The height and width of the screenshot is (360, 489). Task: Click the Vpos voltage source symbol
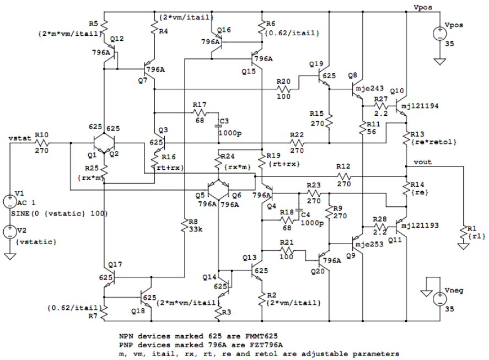coord(440,34)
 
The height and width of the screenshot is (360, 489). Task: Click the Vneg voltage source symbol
coord(440,299)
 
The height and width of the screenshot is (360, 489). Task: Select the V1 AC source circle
coord(10,202)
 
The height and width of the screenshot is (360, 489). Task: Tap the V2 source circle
coord(10,232)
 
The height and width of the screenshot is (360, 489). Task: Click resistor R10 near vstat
coord(41,143)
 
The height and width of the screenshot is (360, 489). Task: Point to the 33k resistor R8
coord(185,225)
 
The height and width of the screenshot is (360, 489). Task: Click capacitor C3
coord(218,126)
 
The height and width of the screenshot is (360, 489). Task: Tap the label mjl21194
coord(420,106)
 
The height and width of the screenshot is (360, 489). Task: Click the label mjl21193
coord(420,225)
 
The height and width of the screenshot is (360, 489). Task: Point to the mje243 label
coord(369,89)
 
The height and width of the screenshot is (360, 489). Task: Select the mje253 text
coord(369,244)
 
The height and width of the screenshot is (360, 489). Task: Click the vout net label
coord(423,162)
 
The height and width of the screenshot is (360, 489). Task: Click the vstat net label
coord(20,138)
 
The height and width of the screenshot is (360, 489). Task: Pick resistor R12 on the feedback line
coord(343,176)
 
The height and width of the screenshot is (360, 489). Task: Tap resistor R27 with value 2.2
coord(380,106)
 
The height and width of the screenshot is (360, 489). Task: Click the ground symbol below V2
coord(10,256)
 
